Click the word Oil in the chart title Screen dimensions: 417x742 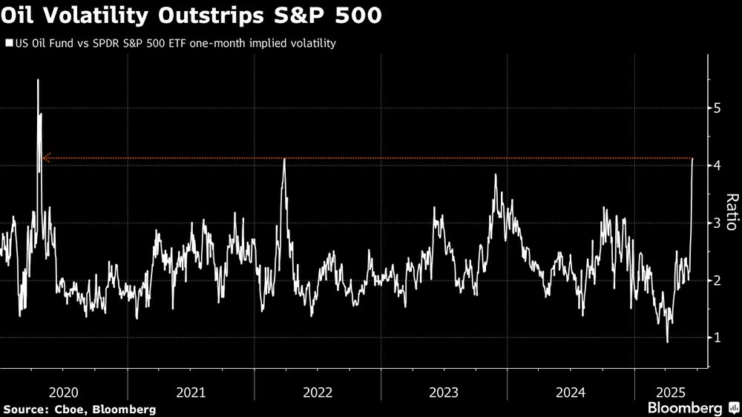point(20,16)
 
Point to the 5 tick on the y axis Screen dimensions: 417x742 point(717,108)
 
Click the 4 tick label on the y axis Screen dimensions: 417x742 point(717,165)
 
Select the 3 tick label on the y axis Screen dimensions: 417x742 point(717,223)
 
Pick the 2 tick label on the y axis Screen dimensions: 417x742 point(717,280)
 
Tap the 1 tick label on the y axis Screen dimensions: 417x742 point(717,338)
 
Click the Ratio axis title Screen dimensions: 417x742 point(731,212)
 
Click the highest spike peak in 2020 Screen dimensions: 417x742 point(38,80)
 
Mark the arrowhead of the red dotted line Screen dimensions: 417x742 point(45,158)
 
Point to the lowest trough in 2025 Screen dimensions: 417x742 point(667,341)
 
